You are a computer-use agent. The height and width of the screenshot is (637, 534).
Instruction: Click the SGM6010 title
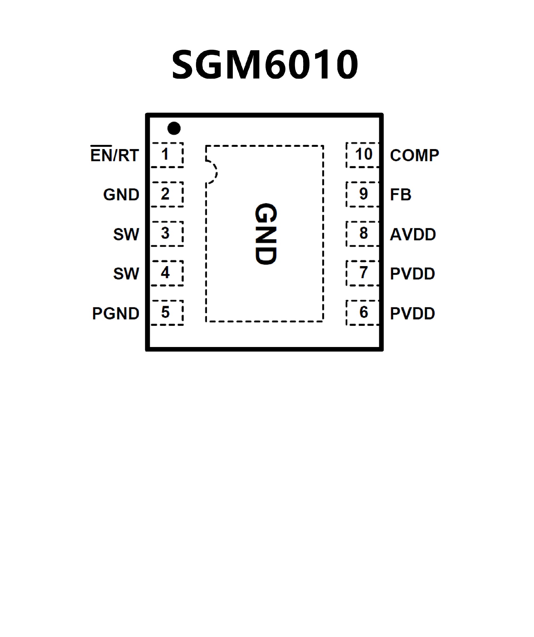point(264,64)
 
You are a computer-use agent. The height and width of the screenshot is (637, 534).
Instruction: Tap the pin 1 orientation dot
point(174,128)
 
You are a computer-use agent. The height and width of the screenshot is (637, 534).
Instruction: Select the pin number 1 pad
point(167,155)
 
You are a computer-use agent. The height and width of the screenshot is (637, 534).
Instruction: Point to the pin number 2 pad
point(167,194)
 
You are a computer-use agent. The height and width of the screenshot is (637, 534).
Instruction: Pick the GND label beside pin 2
point(121,194)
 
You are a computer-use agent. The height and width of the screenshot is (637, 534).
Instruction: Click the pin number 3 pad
point(167,234)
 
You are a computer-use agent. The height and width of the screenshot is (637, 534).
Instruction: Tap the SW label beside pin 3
point(126,234)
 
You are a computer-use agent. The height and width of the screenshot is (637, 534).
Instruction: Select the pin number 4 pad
point(167,273)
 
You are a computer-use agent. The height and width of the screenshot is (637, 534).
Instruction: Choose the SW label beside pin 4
point(126,274)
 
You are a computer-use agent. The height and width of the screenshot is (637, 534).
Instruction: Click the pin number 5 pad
point(167,313)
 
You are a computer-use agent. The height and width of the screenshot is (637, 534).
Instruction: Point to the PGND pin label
point(116,313)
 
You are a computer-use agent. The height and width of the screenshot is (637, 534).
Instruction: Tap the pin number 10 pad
point(363,155)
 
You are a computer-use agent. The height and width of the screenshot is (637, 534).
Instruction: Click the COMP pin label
point(414,155)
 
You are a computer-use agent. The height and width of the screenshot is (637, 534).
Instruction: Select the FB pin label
point(400,194)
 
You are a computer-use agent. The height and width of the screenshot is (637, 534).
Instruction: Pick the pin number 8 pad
point(363,234)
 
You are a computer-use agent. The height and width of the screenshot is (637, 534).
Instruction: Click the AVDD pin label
point(413,234)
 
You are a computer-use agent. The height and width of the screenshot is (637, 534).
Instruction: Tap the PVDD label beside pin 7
point(412,274)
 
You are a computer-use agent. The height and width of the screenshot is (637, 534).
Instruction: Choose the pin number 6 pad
point(363,313)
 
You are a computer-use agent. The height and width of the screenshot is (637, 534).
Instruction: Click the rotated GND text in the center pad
point(266,234)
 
